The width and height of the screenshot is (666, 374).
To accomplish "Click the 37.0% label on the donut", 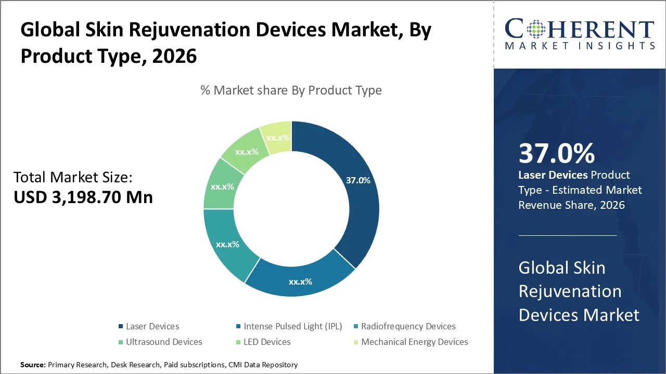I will click(x=358, y=180).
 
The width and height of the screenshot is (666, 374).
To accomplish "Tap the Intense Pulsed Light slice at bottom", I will click(x=301, y=278).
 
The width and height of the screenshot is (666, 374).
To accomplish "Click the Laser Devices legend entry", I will click(x=152, y=326).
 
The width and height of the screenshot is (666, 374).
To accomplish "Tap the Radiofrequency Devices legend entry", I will click(x=408, y=326).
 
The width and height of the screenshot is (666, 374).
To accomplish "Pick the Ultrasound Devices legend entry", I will click(x=164, y=342).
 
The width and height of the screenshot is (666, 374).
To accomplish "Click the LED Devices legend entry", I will click(x=267, y=342).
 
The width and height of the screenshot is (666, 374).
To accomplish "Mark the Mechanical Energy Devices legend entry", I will click(x=414, y=342).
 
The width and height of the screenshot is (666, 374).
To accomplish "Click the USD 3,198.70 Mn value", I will click(x=83, y=197).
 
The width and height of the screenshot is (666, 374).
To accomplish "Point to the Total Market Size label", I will click(x=73, y=178).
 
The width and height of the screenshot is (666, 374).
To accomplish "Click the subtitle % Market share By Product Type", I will click(x=291, y=90).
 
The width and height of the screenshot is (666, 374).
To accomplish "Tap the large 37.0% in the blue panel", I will click(x=556, y=154).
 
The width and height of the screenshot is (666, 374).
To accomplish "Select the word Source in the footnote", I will click(x=33, y=365).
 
